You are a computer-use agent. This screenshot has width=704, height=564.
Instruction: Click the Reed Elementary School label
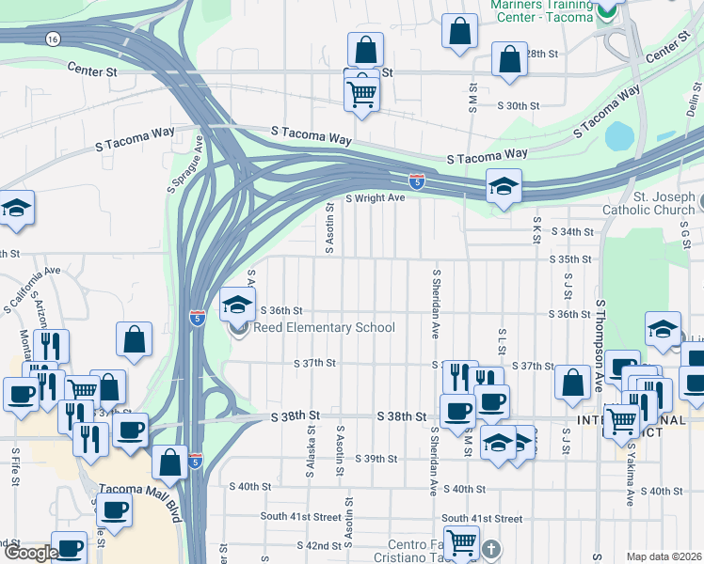(325, 327)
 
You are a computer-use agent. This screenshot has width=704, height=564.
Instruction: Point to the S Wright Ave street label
(375, 198)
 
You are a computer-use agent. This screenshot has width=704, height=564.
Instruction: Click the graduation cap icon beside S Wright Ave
(504, 187)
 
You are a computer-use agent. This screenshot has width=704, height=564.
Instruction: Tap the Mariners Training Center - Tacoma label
(543, 10)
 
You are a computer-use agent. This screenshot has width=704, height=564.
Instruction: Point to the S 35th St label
(570, 258)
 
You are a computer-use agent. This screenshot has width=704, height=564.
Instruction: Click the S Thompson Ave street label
(599, 346)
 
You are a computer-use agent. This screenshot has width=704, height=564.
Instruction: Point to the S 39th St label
(376, 459)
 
